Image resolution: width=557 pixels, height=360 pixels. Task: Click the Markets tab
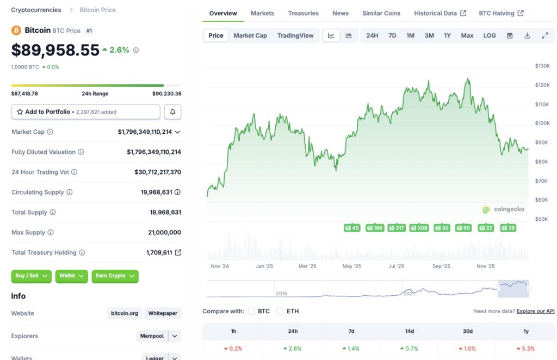click(x=262, y=13)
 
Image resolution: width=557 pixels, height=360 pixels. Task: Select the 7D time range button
click(x=392, y=35)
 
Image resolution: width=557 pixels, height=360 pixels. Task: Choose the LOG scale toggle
click(x=490, y=35)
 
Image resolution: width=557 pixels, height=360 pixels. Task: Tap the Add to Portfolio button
click(x=86, y=111)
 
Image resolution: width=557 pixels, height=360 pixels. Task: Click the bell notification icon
click(x=172, y=111)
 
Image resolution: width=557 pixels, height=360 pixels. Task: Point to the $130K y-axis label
click(x=542, y=66)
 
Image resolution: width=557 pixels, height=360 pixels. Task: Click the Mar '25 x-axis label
click(x=307, y=266)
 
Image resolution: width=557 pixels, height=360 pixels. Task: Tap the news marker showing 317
click(x=397, y=228)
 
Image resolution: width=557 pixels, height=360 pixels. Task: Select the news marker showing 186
click(x=375, y=228)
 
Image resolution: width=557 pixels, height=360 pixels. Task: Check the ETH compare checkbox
click(x=280, y=311)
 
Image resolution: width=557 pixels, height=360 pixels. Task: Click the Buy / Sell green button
click(x=32, y=276)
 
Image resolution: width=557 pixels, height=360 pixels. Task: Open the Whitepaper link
click(x=163, y=313)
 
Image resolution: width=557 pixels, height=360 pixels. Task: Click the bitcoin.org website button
click(x=125, y=313)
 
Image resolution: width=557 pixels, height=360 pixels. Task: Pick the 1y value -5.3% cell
click(x=525, y=349)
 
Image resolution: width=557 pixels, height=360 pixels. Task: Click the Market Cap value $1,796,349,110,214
click(x=145, y=132)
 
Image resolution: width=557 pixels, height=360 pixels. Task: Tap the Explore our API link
click(x=535, y=311)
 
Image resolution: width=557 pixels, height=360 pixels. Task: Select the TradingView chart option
click(x=295, y=35)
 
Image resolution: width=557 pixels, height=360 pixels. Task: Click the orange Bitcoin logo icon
click(x=16, y=30)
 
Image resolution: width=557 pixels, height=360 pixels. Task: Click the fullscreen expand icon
click(x=544, y=35)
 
